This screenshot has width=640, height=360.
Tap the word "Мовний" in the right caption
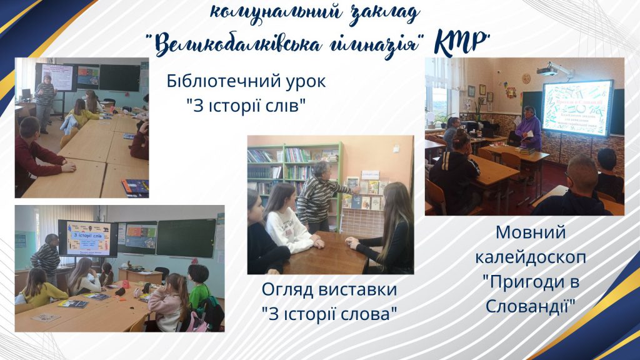530,233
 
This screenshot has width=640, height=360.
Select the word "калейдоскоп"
530,257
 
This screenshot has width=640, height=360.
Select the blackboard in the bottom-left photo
186,237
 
